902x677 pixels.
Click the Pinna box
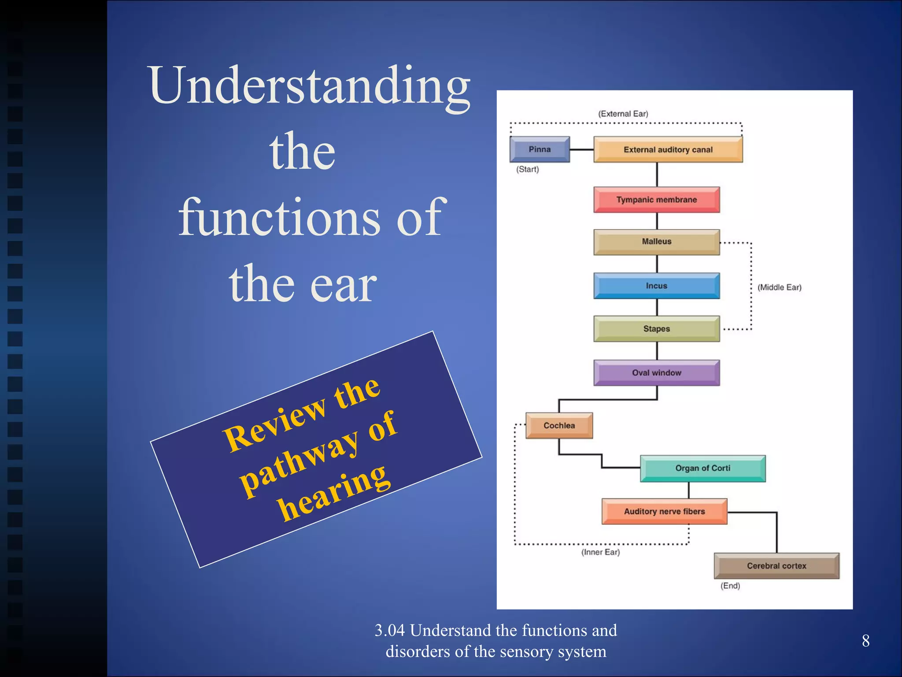coord(540,149)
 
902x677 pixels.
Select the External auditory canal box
coord(668,149)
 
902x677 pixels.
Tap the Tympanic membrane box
coord(656,200)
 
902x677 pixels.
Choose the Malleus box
coord(656,242)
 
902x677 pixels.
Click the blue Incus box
coord(656,286)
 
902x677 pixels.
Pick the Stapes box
coord(656,329)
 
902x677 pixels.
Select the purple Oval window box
coord(656,373)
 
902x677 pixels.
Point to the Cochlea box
coord(559,425)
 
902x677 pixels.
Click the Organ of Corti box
coord(702,468)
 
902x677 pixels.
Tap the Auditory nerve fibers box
coord(664,511)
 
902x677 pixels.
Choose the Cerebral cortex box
coord(776,566)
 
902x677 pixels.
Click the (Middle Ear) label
coord(779,287)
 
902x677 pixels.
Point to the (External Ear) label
coord(623,114)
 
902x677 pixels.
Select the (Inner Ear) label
coord(600,552)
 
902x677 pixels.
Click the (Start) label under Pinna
coord(527,169)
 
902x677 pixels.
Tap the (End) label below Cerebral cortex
coord(730,586)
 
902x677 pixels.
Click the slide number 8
coord(865,641)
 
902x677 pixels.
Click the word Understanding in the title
coord(310,86)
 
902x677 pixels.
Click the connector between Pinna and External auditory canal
coord(581,150)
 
